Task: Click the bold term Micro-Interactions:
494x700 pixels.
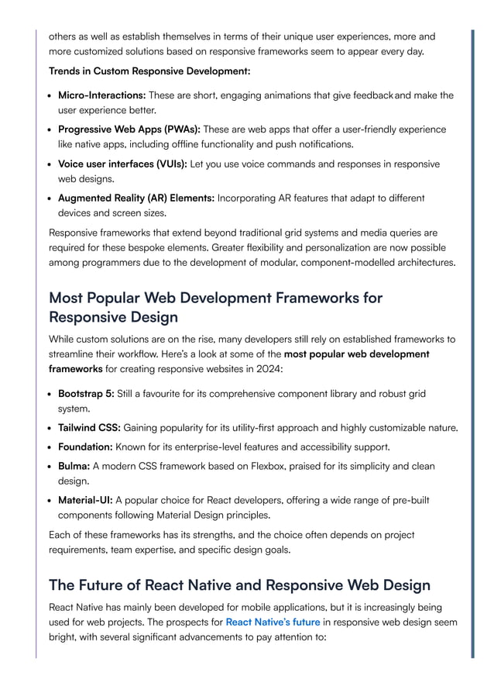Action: pyautogui.click(x=102, y=95)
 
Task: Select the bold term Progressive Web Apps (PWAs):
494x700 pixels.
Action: pyautogui.click(x=129, y=129)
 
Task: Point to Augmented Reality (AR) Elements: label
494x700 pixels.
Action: pyautogui.click(x=136, y=198)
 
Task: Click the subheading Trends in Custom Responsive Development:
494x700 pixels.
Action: pyautogui.click(x=149, y=71)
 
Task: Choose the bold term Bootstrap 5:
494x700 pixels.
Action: pyautogui.click(x=86, y=394)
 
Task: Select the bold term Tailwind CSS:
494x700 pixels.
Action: pyautogui.click(x=89, y=427)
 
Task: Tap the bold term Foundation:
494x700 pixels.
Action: pyautogui.click(x=85, y=447)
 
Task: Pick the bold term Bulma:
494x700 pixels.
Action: pyautogui.click(x=74, y=466)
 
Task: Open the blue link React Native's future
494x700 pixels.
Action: pyautogui.click(x=273, y=622)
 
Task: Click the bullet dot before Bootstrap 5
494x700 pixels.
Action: pyautogui.click(x=50, y=394)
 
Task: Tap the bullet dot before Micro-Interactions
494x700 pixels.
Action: pyautogui.click(x=50, y=95)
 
